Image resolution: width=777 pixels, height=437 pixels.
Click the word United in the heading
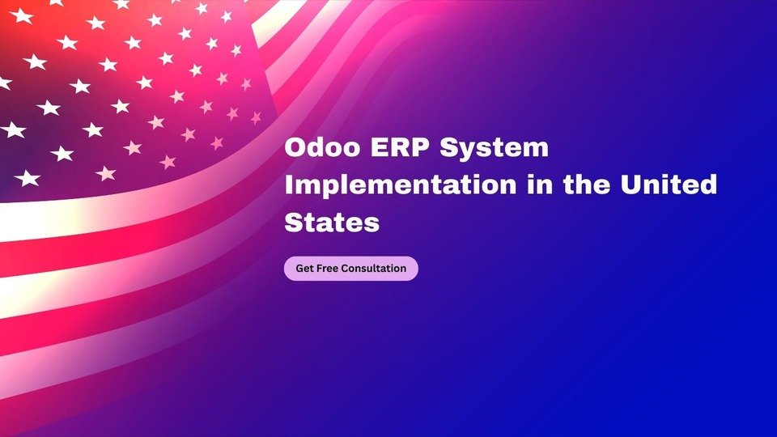(669, 184)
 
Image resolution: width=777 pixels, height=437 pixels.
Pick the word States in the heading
(332, 222)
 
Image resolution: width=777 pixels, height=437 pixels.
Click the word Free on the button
(328, 268)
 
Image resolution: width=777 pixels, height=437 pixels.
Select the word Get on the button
(304, 268)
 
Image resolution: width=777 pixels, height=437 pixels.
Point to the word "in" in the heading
(539, 184)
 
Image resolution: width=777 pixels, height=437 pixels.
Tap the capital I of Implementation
(288, 185)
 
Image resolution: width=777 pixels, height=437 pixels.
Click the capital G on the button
(299, 268)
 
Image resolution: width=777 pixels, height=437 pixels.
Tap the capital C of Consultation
(346, 268)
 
